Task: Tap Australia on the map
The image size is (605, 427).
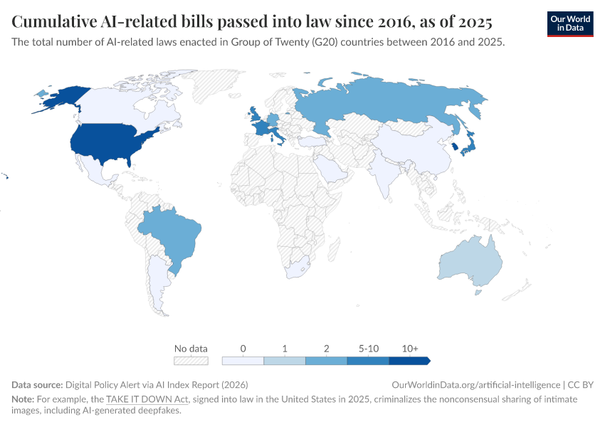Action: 470,260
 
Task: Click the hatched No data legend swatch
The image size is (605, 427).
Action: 191,361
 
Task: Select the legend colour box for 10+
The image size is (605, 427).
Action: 409,361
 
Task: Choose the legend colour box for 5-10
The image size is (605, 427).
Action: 368,361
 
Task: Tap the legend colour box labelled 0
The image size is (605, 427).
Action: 243,361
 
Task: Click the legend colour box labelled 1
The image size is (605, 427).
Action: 285,361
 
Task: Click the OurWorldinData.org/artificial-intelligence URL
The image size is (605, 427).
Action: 475,384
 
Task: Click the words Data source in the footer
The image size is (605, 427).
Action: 38,384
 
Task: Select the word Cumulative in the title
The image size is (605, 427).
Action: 53,19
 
